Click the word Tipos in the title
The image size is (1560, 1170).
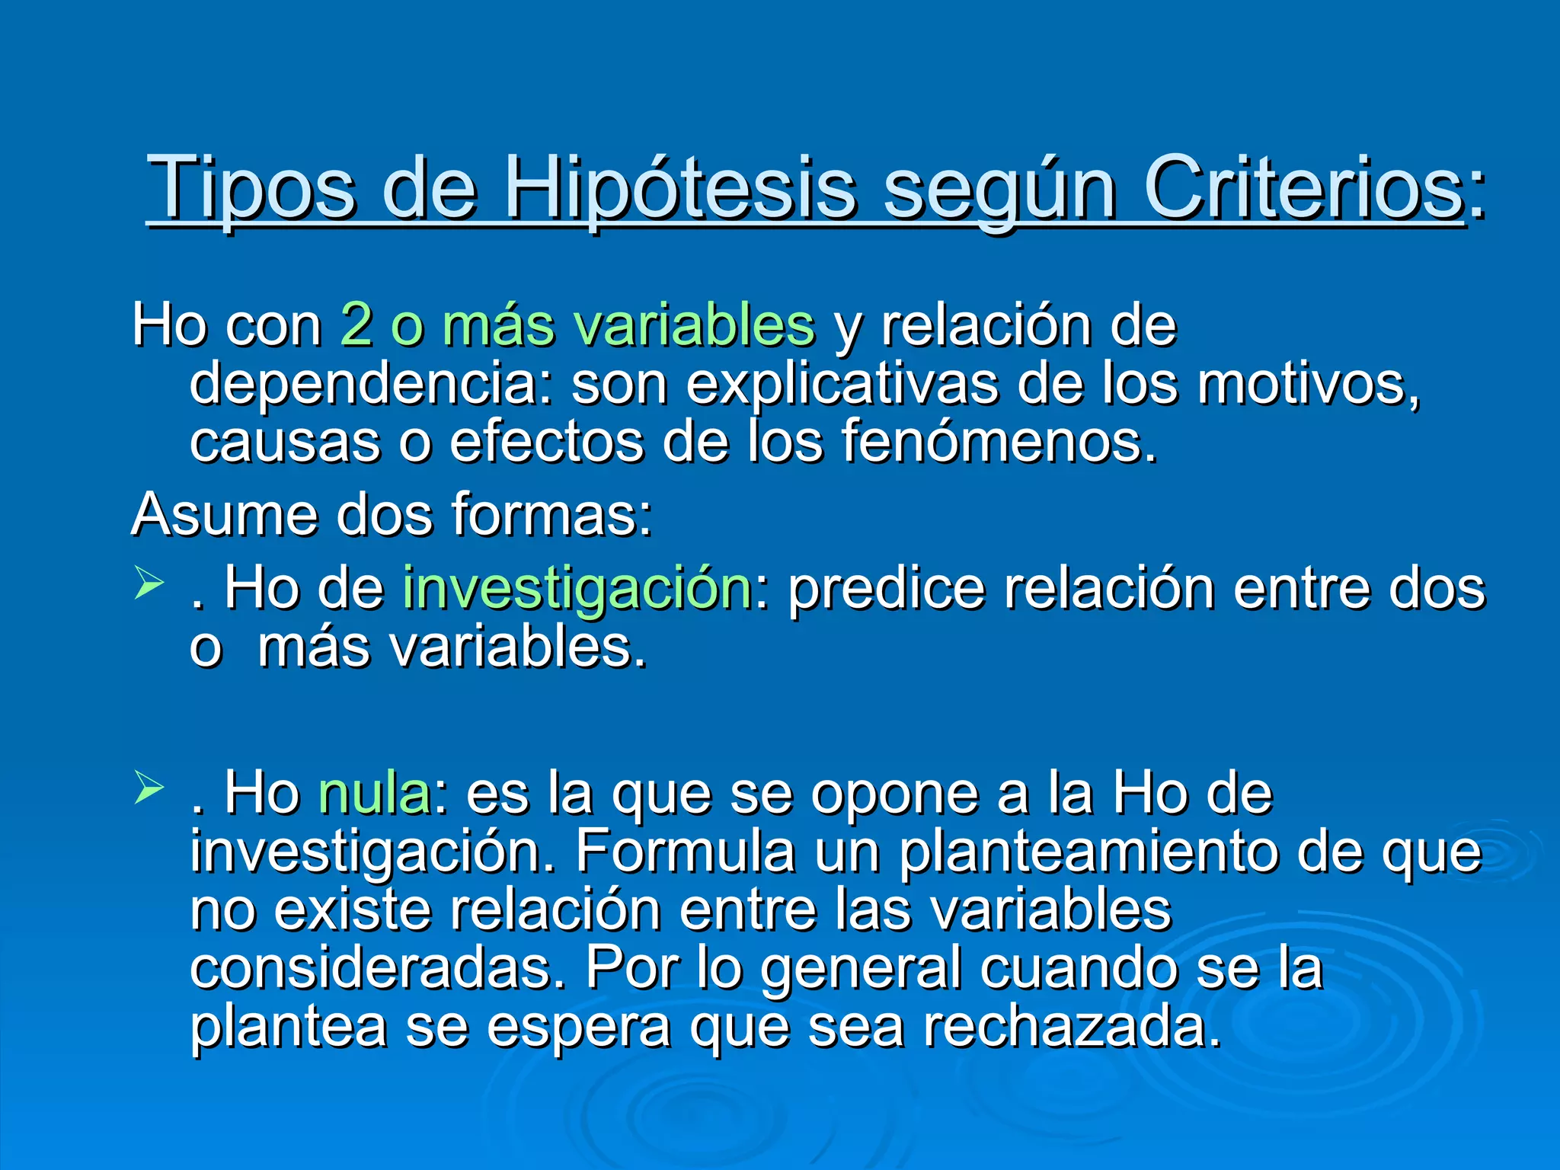(x=252, y=187)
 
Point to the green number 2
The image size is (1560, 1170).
(x=356, y=324)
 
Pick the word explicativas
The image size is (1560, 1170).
(x=841, y=382)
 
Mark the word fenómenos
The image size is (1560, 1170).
(x=999, y=441)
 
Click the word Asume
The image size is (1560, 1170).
(x=225, y=514)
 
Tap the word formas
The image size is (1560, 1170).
(x=551, y=514)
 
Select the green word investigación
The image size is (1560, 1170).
(x=578, y=588)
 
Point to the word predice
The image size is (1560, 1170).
(x=887, y=588)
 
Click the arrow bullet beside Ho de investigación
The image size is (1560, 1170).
(x=149, y=584)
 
